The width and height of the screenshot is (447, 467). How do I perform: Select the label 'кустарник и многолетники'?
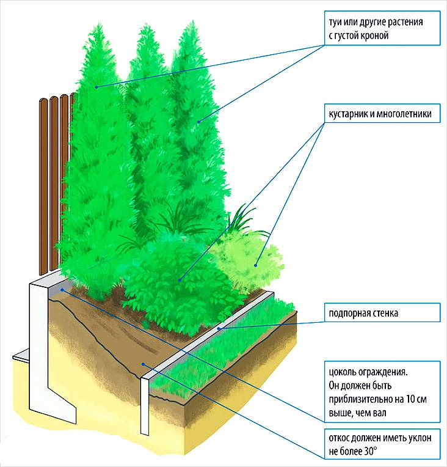(x=382, y=114)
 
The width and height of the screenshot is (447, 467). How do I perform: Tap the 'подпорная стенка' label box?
(x=382, y=314)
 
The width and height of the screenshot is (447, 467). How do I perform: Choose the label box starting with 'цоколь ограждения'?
(x=382, y=392)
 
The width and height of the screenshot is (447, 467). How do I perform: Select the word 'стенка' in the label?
(x=382, y=314)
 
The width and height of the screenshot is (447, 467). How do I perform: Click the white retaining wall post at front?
(x=145, y=403)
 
